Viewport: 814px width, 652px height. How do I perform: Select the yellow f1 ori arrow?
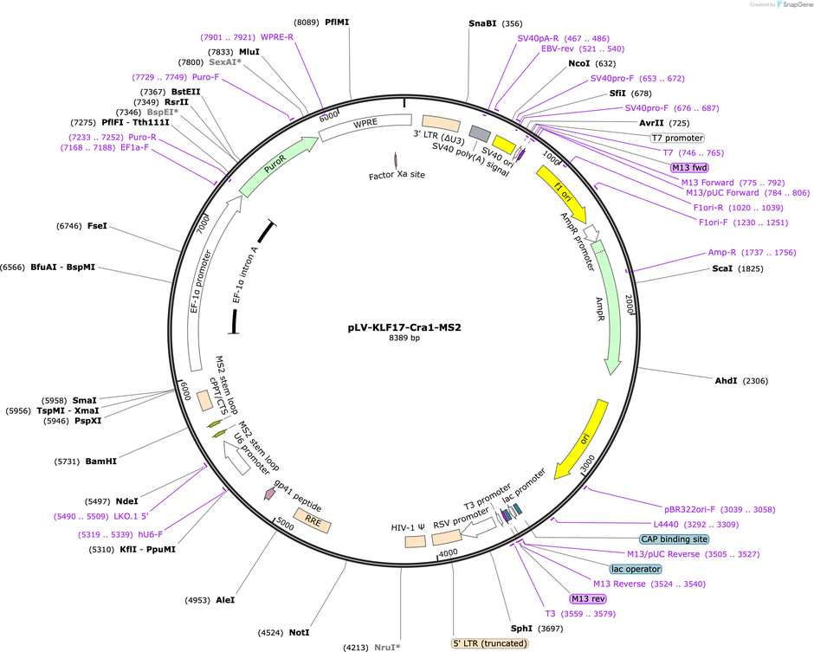(559, 192)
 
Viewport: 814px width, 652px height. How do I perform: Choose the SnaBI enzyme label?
(483, 24)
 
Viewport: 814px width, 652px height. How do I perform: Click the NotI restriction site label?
(300, 633)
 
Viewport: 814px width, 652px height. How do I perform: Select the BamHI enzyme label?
(100, 462)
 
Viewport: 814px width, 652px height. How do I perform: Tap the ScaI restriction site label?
(721, 269)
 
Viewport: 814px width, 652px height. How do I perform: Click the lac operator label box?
(636, 569)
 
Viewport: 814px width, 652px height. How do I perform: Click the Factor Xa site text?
(397, 176)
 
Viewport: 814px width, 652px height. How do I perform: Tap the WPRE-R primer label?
(277, 36)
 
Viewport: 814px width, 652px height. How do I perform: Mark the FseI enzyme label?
(97, 226)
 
